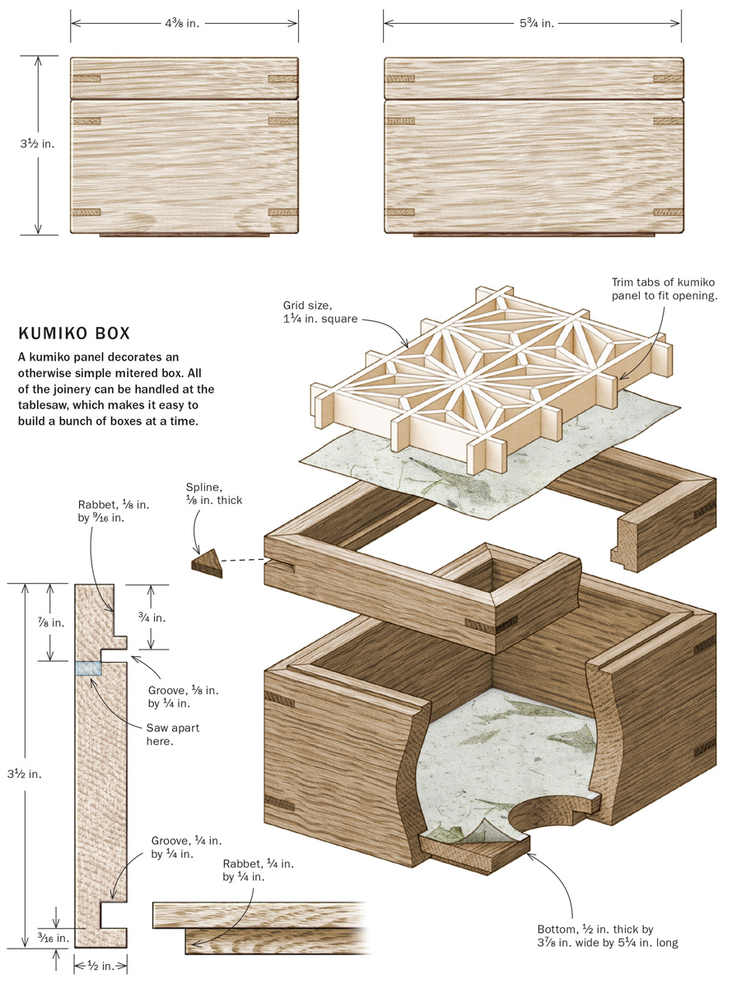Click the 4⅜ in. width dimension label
(x=184, y=24)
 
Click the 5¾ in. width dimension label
(x=533, y=24)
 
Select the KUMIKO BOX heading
(x=73, y=335)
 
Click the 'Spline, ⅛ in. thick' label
(x=214, y=492)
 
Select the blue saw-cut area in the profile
(x=88, y=669)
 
